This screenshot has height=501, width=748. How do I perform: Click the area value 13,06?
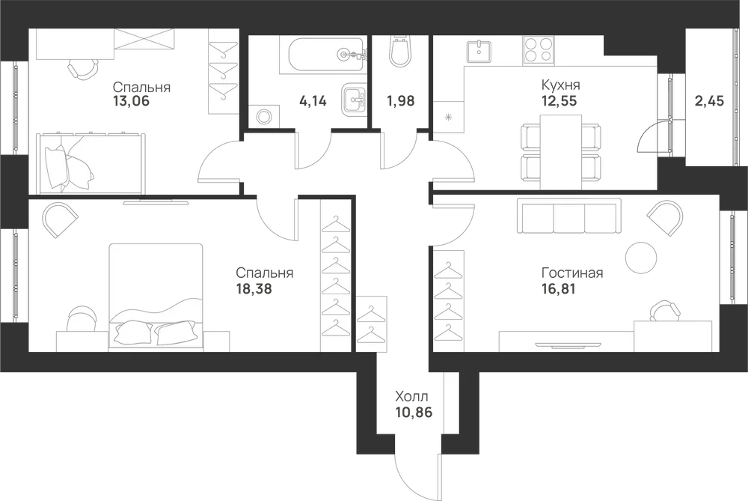click(x=131, y=101)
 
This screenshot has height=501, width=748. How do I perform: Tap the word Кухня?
click(x=560, y=85)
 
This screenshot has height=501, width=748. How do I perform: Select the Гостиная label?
click(x=572, y=273)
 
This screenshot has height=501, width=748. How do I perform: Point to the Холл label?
click(x=411, y=396)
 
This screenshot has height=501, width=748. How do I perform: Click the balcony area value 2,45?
click(x=709, y=101)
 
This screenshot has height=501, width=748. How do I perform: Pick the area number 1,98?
click(x=401, y=101)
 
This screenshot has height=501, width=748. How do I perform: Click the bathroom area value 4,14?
click(x=313, y=101)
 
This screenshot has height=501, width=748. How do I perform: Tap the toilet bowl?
click(x=399, y=51)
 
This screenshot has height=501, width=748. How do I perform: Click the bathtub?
click(x=328, y=55)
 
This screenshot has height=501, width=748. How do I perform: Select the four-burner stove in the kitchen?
click(x=539, y=50)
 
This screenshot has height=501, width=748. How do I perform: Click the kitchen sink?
click(x=479, y=50)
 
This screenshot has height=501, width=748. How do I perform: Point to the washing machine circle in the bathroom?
click(x=263, y=116)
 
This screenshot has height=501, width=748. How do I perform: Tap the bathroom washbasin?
click(x=354, y=100)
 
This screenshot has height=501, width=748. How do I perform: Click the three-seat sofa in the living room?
click(x=569, y=216)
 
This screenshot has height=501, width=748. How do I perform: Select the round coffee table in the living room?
click(x=641, y=256)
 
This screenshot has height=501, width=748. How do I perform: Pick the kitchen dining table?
click(x=561, y=152)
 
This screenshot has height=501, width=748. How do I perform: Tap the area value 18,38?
click(x=254, y=288)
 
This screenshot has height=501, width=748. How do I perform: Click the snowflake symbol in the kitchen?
click(x=448, y=117)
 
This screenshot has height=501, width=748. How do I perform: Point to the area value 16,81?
click(x=559, y=288)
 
